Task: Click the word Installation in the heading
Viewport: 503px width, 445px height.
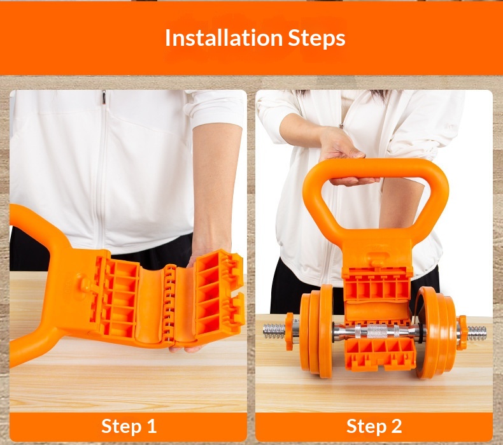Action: coord(223,38)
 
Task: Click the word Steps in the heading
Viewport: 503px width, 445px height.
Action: coord(316,38)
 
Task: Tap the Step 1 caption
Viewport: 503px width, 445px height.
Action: coord(129,427)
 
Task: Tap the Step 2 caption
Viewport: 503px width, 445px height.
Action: coord(374,427)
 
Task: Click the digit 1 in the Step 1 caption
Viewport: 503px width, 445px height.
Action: coord(152,426)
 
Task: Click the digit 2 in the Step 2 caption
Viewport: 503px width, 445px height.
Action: coord(396,426)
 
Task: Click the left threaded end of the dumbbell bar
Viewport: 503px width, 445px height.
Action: coord(274,332)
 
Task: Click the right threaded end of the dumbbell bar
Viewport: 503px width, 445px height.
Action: coord(477,334)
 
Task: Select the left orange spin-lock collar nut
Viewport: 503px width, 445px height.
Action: coord(290,332)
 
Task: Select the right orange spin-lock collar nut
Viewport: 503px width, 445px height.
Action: coord(462,332)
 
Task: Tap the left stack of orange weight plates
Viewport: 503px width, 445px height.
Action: coord(317,331)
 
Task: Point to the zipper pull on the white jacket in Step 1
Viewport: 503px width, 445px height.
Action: coord(104,97)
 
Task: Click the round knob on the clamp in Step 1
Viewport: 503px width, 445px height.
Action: coord(84,284)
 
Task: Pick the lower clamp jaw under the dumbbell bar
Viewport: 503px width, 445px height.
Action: coord(380,355)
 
